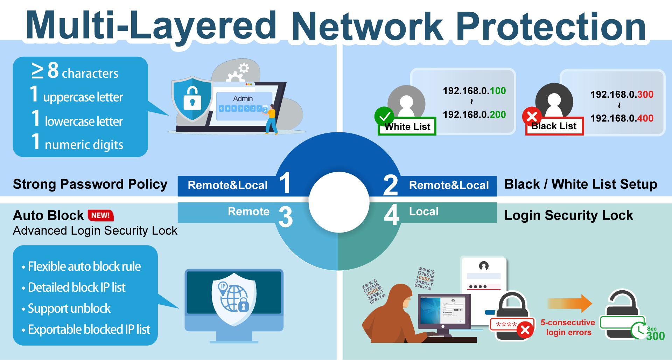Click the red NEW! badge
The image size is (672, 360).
click(x=101, y=215)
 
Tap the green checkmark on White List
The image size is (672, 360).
click(x=384, y=116)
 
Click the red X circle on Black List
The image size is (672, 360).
click(x=532, y=116)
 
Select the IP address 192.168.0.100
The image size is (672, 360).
click(x=474, y=91)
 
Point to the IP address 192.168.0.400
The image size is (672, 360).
click(x=622, y=118)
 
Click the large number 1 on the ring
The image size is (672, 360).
click(x=285, y=183)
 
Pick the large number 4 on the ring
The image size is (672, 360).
click(x=391, y=215)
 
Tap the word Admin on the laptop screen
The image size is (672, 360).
click(x=243, y=99)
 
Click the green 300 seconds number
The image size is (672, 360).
click(x=655, y=336)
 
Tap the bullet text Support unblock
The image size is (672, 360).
click(x=69, y=309)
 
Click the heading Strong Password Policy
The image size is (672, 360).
click(x=90, y=184)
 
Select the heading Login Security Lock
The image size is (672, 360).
click(x=568, y=215)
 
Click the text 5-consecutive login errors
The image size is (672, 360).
click(x=568, y=327)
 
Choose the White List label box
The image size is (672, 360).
click(x=407, y=127)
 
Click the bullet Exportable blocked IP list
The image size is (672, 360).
click(x=89, y=330)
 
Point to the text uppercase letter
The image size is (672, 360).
click(x=83, y=97)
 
